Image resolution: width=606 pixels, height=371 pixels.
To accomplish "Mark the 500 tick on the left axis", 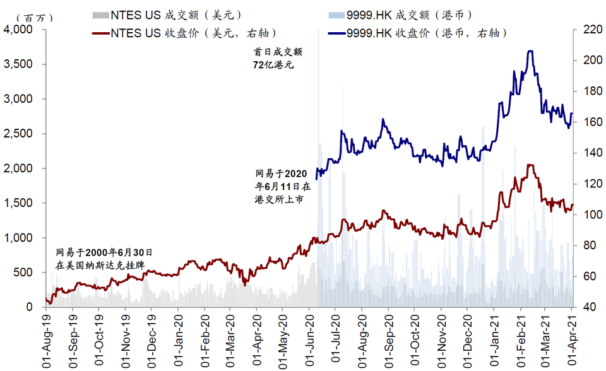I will [24, 273].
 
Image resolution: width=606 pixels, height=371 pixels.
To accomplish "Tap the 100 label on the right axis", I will [585, 215].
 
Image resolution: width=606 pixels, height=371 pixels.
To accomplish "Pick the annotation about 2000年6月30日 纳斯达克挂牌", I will [104, 258].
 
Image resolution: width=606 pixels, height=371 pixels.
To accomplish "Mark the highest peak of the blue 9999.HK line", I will [531, 51].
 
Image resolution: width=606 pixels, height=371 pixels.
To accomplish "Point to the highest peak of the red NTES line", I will [531, 165].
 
